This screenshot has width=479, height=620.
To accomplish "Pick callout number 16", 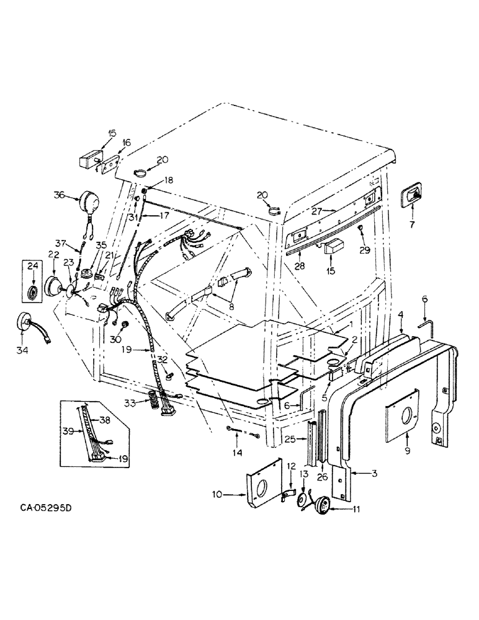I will coord(127,143).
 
